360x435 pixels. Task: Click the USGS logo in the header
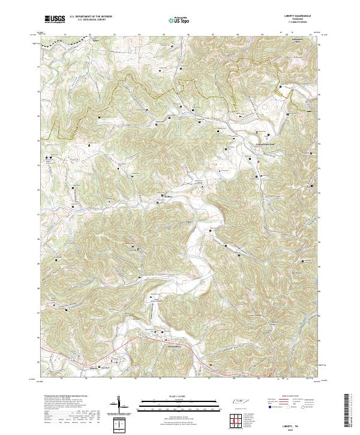pos(55,19)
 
